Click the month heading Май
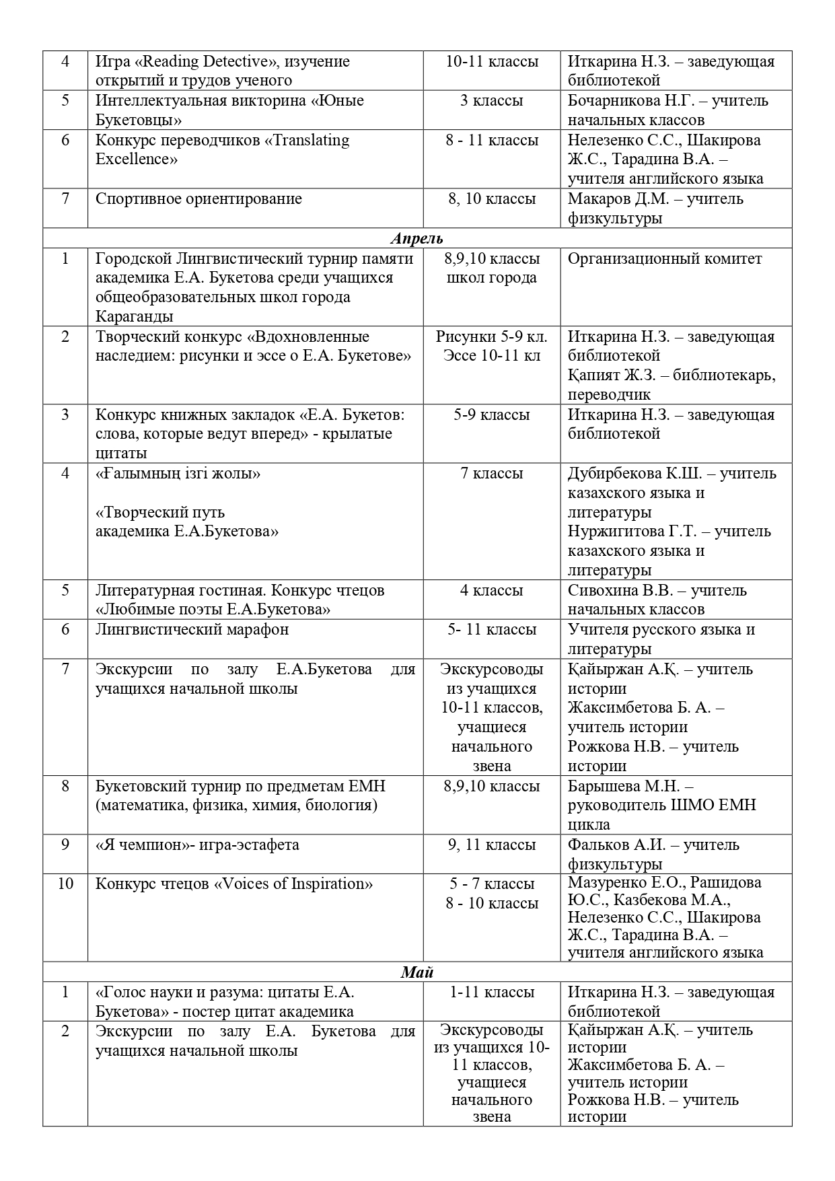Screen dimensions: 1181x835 coord(417,972)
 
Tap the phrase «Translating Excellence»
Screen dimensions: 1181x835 coord(222,149)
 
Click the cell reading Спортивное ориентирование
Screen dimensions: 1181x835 coord(198,199)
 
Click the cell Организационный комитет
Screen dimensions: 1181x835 coord(665,259)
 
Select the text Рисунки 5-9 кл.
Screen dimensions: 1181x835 coord(492,337)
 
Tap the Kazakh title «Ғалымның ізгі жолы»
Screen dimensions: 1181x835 coord(178,474)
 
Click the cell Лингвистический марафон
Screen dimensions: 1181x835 coord(192,630)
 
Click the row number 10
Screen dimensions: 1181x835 coord(65,884)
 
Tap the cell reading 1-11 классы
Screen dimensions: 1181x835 coord(492,993)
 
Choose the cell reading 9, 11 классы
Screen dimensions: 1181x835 coord(492,845)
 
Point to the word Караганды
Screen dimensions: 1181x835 coord(135,317)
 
